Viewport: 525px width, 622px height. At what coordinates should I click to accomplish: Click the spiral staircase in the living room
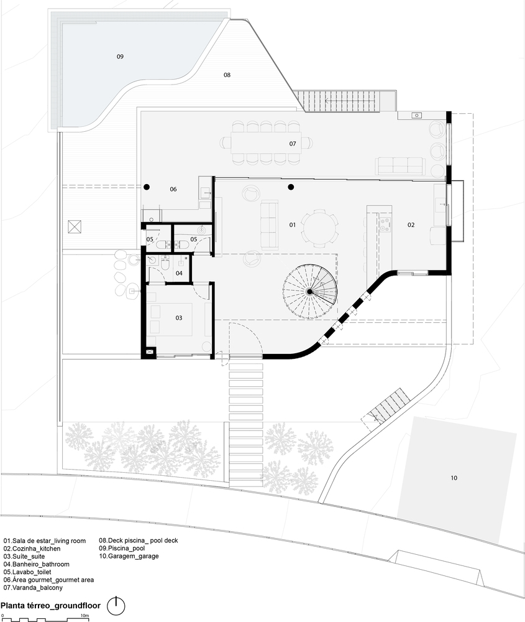(310, 292)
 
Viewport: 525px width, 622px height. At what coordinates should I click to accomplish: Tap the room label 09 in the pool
(120, 57)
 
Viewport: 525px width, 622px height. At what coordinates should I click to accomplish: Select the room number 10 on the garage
(454, 478)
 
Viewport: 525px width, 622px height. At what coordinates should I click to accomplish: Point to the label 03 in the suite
(179, 318)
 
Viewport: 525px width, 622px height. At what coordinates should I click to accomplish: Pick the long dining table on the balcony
(267, 143)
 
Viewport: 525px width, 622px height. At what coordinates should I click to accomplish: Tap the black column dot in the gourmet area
(147, 187)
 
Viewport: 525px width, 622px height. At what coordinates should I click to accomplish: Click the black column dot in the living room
(291, 187)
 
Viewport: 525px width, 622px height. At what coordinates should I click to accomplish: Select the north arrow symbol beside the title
(116, 606)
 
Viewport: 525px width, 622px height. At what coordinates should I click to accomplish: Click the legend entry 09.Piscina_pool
(122, 548)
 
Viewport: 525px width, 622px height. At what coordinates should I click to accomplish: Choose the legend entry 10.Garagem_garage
(129, 556)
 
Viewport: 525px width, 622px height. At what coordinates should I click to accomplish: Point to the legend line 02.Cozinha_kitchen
(32, 549)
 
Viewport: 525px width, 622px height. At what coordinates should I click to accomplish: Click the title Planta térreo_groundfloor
(50, 606)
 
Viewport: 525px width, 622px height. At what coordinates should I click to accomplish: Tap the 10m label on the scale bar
(84, 616)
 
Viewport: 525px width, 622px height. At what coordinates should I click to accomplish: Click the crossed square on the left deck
(75, 227)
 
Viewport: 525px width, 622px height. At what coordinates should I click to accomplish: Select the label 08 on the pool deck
(227, 75)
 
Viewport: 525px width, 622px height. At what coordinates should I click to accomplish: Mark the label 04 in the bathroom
(179, 273)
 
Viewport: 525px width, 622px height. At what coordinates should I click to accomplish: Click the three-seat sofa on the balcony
(400, 166)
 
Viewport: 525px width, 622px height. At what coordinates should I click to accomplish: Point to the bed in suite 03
(171, 320)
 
